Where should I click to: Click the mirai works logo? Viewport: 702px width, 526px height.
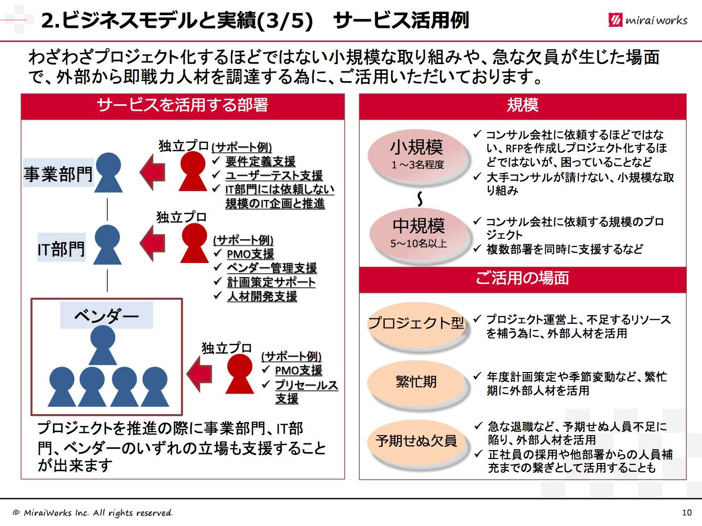pyautogui.click(x=648, y=20)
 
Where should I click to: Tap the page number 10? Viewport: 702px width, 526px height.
pyautogui.click(x=687, y=512)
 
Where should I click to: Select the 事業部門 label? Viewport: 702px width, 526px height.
pyautogui.click(x=58, y=174)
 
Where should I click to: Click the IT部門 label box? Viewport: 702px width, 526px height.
pyautogui.click(x=62, y=248)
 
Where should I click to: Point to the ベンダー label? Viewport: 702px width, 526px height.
pyautogui.click(x=106, y=315)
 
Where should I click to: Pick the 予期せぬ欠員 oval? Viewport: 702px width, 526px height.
pyautogui.click(x=417, y=441)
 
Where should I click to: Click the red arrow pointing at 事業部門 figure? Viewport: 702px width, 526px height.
pyautogui.click(x=153, y=172)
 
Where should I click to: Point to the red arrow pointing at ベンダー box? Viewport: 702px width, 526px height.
pyautogui.click(x=199, y=374)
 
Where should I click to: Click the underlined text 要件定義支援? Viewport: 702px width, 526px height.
pyautogui.click(x=260, y=161)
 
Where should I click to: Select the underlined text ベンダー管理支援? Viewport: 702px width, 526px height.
pyautogui.click(x=272, y=268)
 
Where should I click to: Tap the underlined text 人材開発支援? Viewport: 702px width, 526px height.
pyautogui.click(x=262, y=296)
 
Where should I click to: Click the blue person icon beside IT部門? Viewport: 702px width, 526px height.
pyautogui.click(x=108, y=244)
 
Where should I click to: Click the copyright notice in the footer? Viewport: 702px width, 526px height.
pyautogui.click(x=93, y=513)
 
